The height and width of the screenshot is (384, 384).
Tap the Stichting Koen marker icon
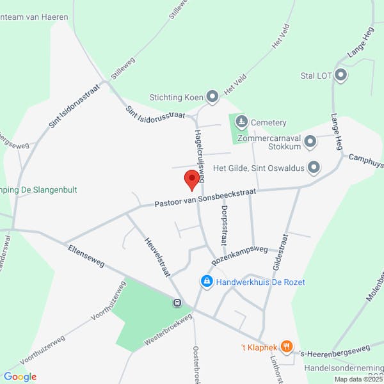click(212, 97)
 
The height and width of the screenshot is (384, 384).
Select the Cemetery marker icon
click(241, 122)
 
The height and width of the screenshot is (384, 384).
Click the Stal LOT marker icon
click(341, 76)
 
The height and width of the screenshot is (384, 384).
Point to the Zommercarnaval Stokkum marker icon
click(310, 141)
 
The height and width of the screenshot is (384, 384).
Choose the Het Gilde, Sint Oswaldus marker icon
click(314, 168)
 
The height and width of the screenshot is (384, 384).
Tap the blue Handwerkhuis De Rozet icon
click(206, 282)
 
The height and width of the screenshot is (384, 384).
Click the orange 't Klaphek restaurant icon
click(286, 348)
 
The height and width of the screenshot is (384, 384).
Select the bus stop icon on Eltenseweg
click(177, 303)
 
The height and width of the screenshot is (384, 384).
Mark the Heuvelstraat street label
click(156, 255)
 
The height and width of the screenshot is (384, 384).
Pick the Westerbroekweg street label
click(168, 330)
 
